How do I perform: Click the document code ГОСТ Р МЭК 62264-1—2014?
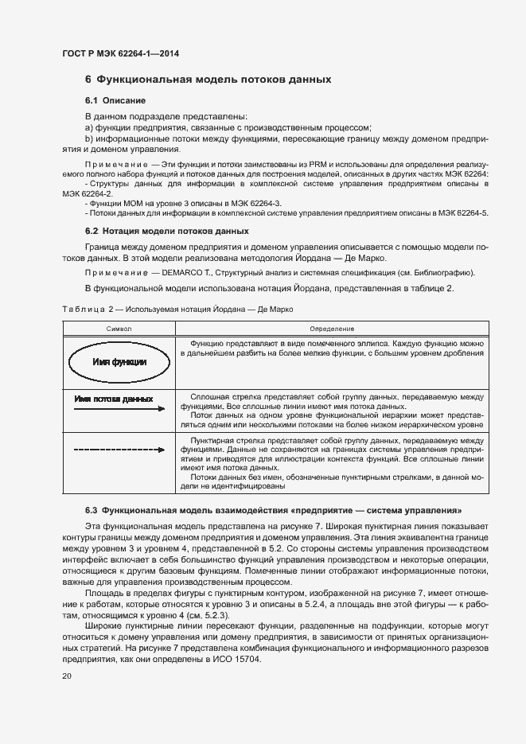120,54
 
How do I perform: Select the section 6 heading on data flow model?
208,80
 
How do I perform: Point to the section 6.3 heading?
272,509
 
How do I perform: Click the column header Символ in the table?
119,329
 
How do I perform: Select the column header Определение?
332,329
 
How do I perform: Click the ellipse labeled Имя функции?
119,361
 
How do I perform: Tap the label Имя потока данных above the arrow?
113,398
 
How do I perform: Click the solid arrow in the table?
119,409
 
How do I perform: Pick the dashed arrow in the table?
119,450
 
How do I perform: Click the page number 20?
67,676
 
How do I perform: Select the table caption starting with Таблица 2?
180,309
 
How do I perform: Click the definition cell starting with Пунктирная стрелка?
332,462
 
